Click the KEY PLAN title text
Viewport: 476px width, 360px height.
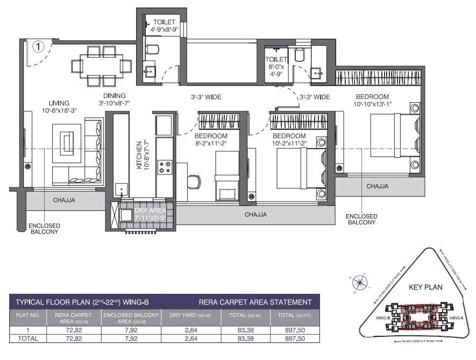coord(425,287)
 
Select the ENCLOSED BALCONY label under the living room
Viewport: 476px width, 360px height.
coord(44,229)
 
